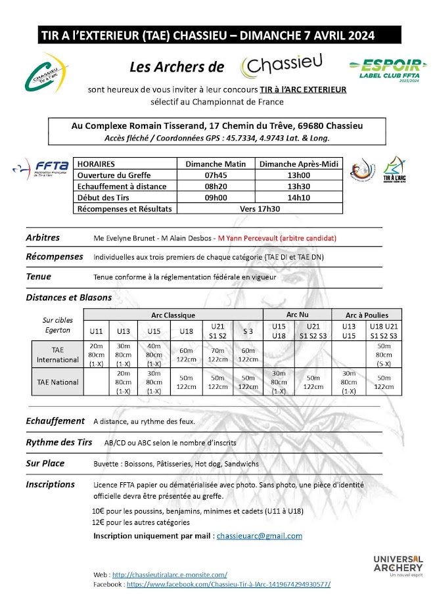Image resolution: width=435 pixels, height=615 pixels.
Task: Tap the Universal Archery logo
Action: click(x=398, y=566)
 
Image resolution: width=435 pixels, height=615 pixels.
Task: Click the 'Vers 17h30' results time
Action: click(x=260, y=208)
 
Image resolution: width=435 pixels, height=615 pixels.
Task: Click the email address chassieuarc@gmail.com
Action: click(x=260, y=535)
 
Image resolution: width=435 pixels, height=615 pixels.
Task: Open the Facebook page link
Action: click(x=228, y=583)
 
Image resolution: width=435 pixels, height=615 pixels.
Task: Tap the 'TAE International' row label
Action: click(x=57, y=355)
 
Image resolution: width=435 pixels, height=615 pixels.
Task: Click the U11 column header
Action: click(x=96, y=331)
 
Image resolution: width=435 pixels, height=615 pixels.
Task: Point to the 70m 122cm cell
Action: click(x=217, y=355)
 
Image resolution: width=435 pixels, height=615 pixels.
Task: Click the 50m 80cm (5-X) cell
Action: click(x=384, y=355)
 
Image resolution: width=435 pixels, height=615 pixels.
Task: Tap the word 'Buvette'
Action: click(x=108, y=464)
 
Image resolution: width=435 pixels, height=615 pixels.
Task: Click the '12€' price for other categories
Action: click(x=99, y=522)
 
